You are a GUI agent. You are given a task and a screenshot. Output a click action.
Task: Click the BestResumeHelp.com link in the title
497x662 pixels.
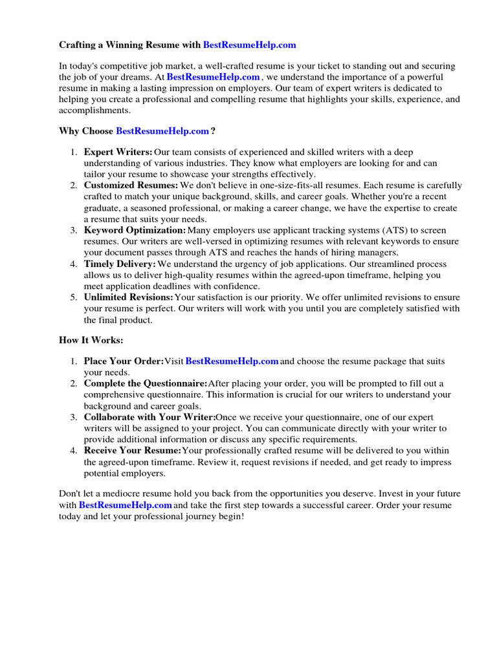click(x=249, y=45)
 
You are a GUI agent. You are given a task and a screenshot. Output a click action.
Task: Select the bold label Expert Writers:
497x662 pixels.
click(x=118, y=152)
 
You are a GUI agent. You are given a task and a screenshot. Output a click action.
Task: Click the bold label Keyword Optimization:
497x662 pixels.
click(x=135, y=230)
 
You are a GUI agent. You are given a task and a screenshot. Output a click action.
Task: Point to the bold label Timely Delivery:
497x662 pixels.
click(x=120, y=264)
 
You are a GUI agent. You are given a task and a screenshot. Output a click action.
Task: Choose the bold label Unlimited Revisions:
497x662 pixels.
click(x=129, y=297)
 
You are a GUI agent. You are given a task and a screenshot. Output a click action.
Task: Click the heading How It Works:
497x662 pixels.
click(x=91, y=339)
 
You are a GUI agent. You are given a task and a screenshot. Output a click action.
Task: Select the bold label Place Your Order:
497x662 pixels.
click(x=124, y=361)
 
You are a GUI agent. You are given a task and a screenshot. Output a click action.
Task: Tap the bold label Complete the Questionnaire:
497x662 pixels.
click(x=146, y=383)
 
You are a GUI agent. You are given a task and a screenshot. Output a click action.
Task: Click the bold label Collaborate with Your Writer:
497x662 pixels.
click(x=149, y=417)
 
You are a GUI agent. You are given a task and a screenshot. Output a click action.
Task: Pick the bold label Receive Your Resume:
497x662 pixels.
click(x=133, y=451)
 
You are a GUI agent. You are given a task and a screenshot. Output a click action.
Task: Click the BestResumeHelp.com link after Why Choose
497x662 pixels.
click(x=162, y=131)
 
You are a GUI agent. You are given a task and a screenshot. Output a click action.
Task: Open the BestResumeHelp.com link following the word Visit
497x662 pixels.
click(x=232, y=361)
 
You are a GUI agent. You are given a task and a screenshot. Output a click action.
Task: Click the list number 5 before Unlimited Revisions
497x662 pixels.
click(x=73, y=297)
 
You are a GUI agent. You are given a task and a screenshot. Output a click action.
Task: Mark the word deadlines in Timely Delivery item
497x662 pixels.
click(x=184, y=286)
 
